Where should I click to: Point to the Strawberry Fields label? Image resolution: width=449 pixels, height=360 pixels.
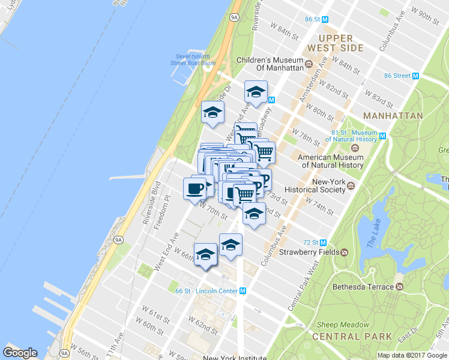(309, 252)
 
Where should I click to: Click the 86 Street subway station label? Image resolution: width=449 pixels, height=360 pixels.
(397, 76)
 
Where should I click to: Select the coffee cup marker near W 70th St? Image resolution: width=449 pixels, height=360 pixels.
(194, 188)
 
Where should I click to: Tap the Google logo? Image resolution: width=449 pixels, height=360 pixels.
(20, 353)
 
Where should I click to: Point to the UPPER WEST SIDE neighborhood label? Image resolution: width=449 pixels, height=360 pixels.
(336, 43)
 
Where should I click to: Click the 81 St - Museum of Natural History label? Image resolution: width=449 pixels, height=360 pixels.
(354, 136)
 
